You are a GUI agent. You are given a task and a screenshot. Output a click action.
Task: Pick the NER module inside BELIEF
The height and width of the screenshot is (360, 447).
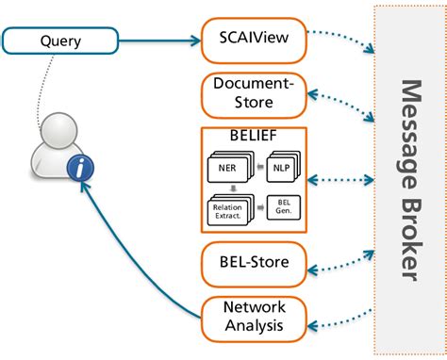point(227,167)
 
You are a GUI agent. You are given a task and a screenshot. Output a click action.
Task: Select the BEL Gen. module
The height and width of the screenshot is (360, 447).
point(284,206)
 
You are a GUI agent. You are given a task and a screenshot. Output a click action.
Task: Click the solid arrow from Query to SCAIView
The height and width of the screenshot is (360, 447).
point(160,41)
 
